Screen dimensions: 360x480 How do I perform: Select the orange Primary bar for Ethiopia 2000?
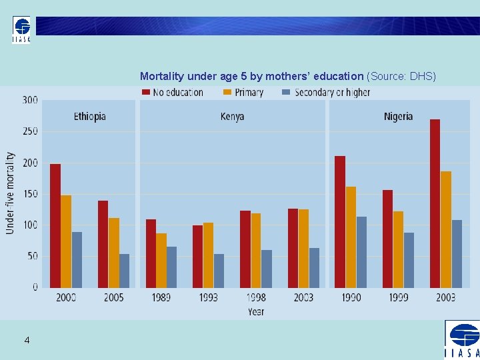tap(66, 241)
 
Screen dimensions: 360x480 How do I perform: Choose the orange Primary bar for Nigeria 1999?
tap(398, 249)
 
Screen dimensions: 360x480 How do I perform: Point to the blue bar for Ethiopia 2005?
tap(125, 271)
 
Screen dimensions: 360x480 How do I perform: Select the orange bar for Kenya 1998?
tap(256, 251)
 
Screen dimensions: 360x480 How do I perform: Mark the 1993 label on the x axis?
tap(208, 297)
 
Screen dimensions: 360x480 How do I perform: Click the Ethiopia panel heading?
tap(89, 117)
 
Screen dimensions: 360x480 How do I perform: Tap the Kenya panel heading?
tap(232, 117)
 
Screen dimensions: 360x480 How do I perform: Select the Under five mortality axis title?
tap(10, 193)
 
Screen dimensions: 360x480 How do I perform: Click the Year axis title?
tap(255, 311)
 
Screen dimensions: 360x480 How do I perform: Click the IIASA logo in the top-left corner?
tap(21, 30)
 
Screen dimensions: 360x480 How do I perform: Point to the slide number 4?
tap(27, 341)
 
